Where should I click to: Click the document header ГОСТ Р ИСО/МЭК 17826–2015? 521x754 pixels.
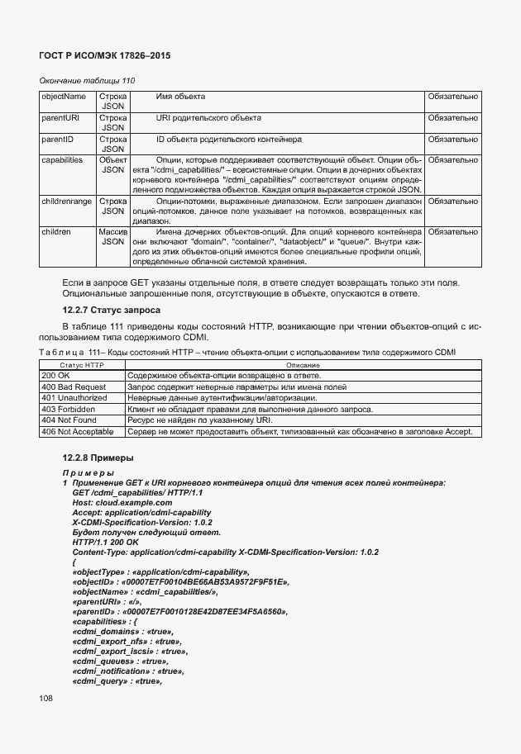click(105, 55)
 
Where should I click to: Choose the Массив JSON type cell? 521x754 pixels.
click(112, 237)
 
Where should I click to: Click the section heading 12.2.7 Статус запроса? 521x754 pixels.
click(111, 310)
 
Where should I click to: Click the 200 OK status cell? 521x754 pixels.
click(59, 376)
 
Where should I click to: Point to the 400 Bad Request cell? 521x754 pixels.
click(74, 386)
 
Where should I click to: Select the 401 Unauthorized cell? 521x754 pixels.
click(74, 398)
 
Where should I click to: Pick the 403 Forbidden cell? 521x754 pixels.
click(69, 409)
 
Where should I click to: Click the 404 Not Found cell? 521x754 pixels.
click(69, 420)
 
